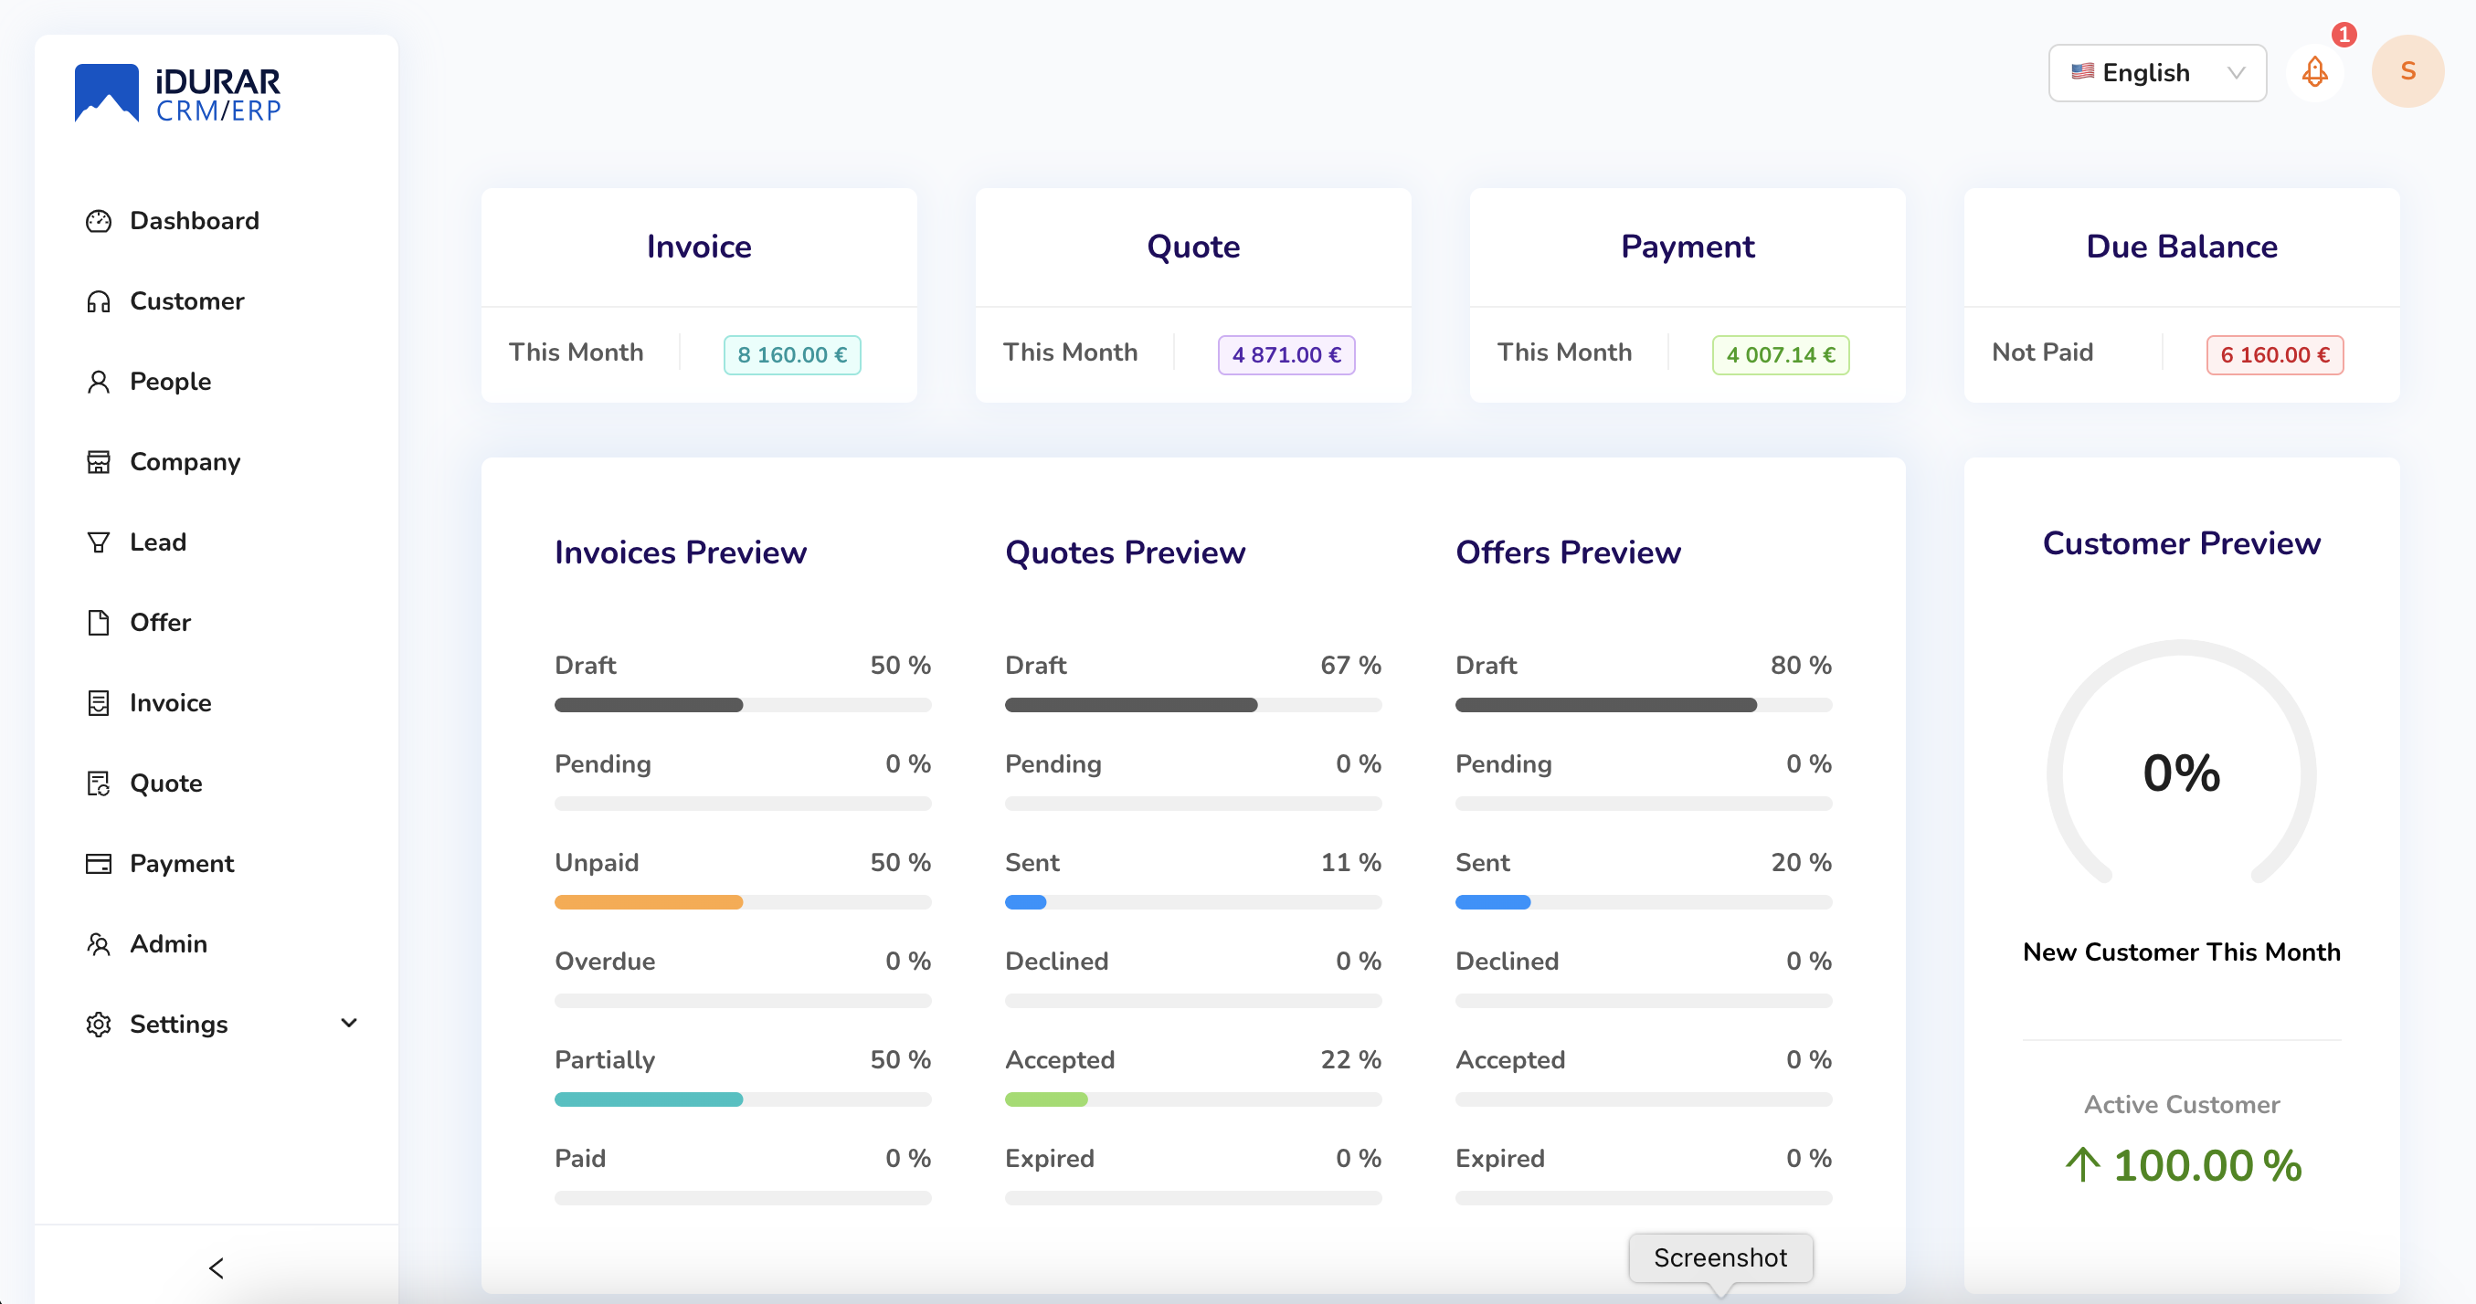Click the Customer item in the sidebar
pos(186,301)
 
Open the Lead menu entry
pos(158,543)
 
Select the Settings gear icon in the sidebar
pos(98,1025)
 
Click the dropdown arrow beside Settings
pos(349,1024)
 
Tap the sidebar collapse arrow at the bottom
pos(217,1268)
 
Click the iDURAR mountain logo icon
pos(107,93)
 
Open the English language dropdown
pos(2156,73)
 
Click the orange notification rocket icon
pos(2314,72)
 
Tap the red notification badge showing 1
pos(2344,36)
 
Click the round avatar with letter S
pos(2407,72)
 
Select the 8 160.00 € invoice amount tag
pos(791,355)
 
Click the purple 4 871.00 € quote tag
pos(1286,355)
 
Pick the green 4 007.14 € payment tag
pos(1780,355)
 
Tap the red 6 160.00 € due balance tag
pos(2274,355)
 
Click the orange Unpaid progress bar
pos(649,902)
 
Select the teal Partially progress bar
pos(649,1099)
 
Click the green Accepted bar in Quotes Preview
pos(1046,1099)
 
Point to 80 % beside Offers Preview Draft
pos(1800,665)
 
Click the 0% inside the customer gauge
pos(2181,773)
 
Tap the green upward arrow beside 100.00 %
pos(2082,1164)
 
